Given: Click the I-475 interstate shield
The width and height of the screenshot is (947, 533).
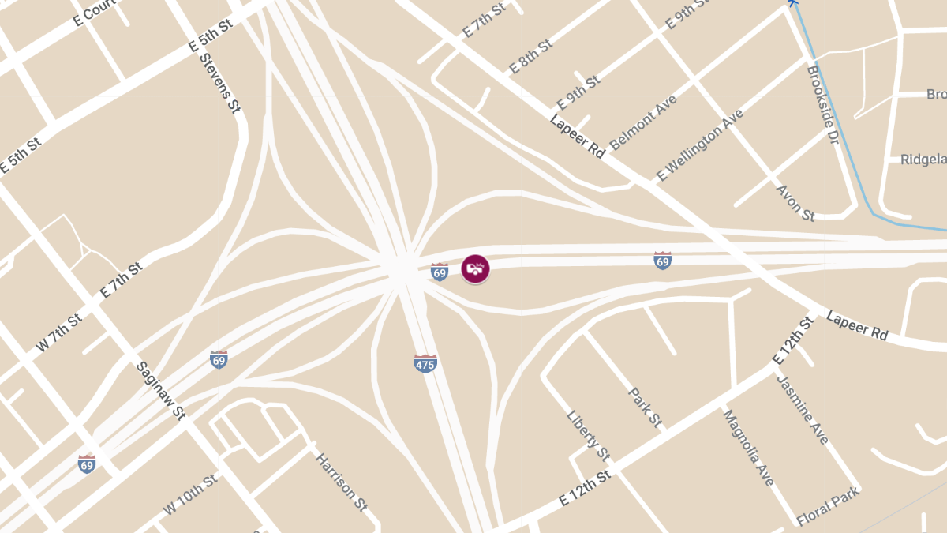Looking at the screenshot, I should (x=425, y=363).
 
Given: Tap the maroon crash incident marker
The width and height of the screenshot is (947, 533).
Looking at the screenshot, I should (x=475, y=268).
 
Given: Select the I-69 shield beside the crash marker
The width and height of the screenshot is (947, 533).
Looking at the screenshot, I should (x=440, y=272).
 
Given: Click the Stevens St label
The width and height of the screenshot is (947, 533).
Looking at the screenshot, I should (x=219, y=82).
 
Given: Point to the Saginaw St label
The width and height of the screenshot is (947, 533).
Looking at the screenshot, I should (x=160, y=390).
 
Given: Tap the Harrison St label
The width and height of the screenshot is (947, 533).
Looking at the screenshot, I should (x=342, y=481).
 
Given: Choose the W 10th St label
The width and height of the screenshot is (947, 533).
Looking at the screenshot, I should (x=190, y=495).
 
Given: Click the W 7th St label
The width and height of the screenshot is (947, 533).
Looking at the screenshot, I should (x=59, y=332).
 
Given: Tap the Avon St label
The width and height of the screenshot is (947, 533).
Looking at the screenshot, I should (x=795, y=202).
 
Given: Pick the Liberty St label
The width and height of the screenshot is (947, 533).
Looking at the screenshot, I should (x=589, y=435).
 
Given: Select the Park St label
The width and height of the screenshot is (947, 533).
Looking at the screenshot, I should (x=645, y=407).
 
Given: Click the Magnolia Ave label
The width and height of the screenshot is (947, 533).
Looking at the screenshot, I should (x=748, y=448).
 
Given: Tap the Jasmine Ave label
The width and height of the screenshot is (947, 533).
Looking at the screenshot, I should (x=803, y=408).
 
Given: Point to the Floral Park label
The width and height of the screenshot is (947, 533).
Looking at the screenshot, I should (x=828, y=508).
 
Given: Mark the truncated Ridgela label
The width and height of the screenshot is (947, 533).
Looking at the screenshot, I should (x=923, y=160).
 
